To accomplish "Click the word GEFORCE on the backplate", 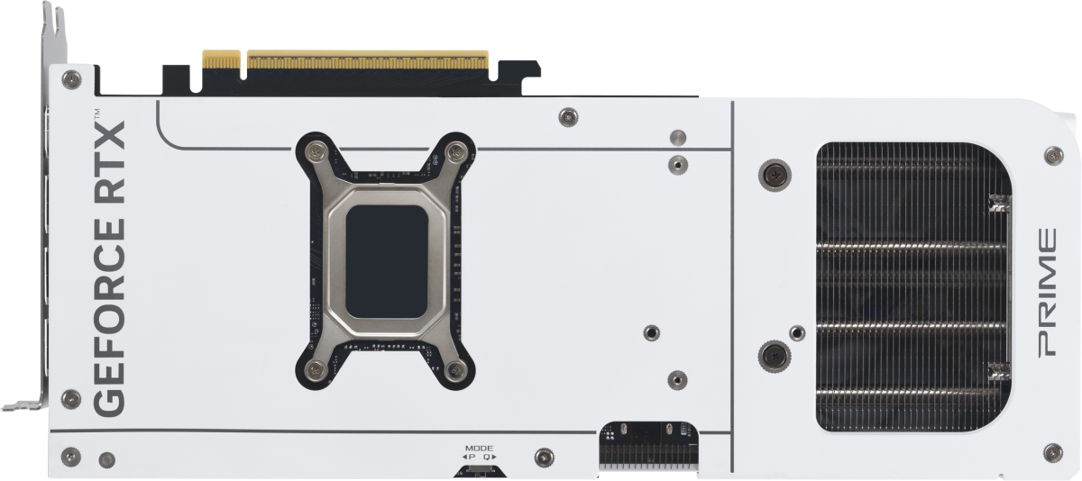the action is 109,317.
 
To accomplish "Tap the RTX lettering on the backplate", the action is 109,162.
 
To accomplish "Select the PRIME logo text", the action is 1047,293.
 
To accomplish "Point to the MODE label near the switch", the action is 479,449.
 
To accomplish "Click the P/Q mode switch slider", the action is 479,469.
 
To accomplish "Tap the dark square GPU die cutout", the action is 387,261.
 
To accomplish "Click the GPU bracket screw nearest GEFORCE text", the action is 315,369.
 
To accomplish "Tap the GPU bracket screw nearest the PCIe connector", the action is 455,152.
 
